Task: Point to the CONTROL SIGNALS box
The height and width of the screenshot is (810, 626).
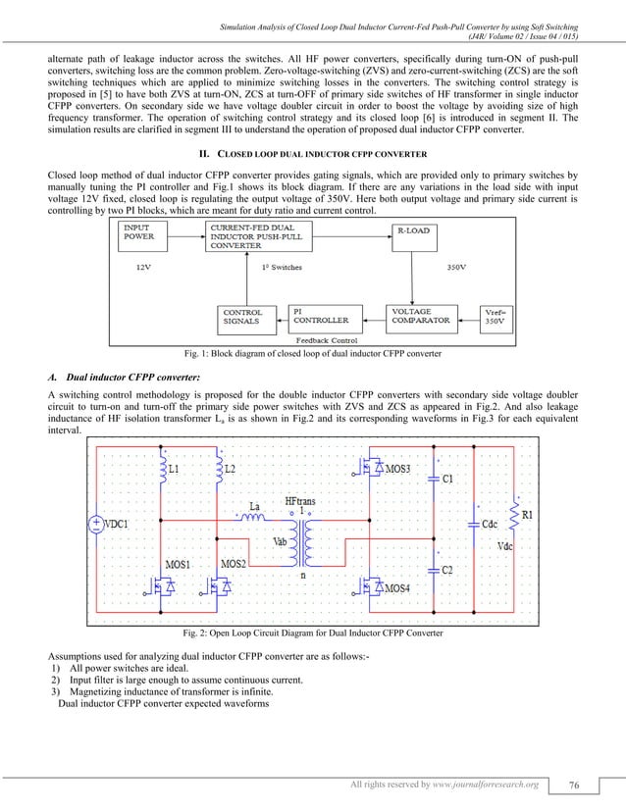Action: click(242, 317)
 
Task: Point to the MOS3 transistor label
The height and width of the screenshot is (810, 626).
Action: click(397, 470)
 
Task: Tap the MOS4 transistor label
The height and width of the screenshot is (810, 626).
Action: click(397, 587)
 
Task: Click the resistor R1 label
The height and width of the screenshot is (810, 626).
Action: click(527, 513)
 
